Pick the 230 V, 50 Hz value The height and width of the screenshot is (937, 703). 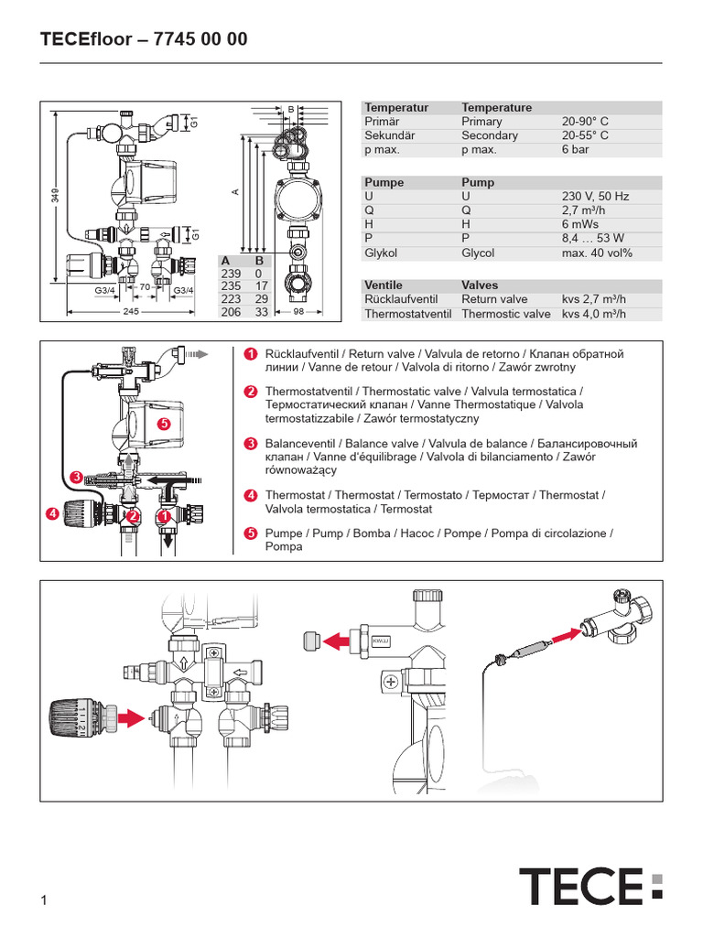[597, 196]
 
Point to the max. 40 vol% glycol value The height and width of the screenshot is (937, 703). [597, 253]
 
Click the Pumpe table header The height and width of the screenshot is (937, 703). [384, 182]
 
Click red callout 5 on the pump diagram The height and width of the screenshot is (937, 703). [164, 424]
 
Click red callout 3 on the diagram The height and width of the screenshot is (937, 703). [78, 477]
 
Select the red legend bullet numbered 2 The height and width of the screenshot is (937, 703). [250, 392]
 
